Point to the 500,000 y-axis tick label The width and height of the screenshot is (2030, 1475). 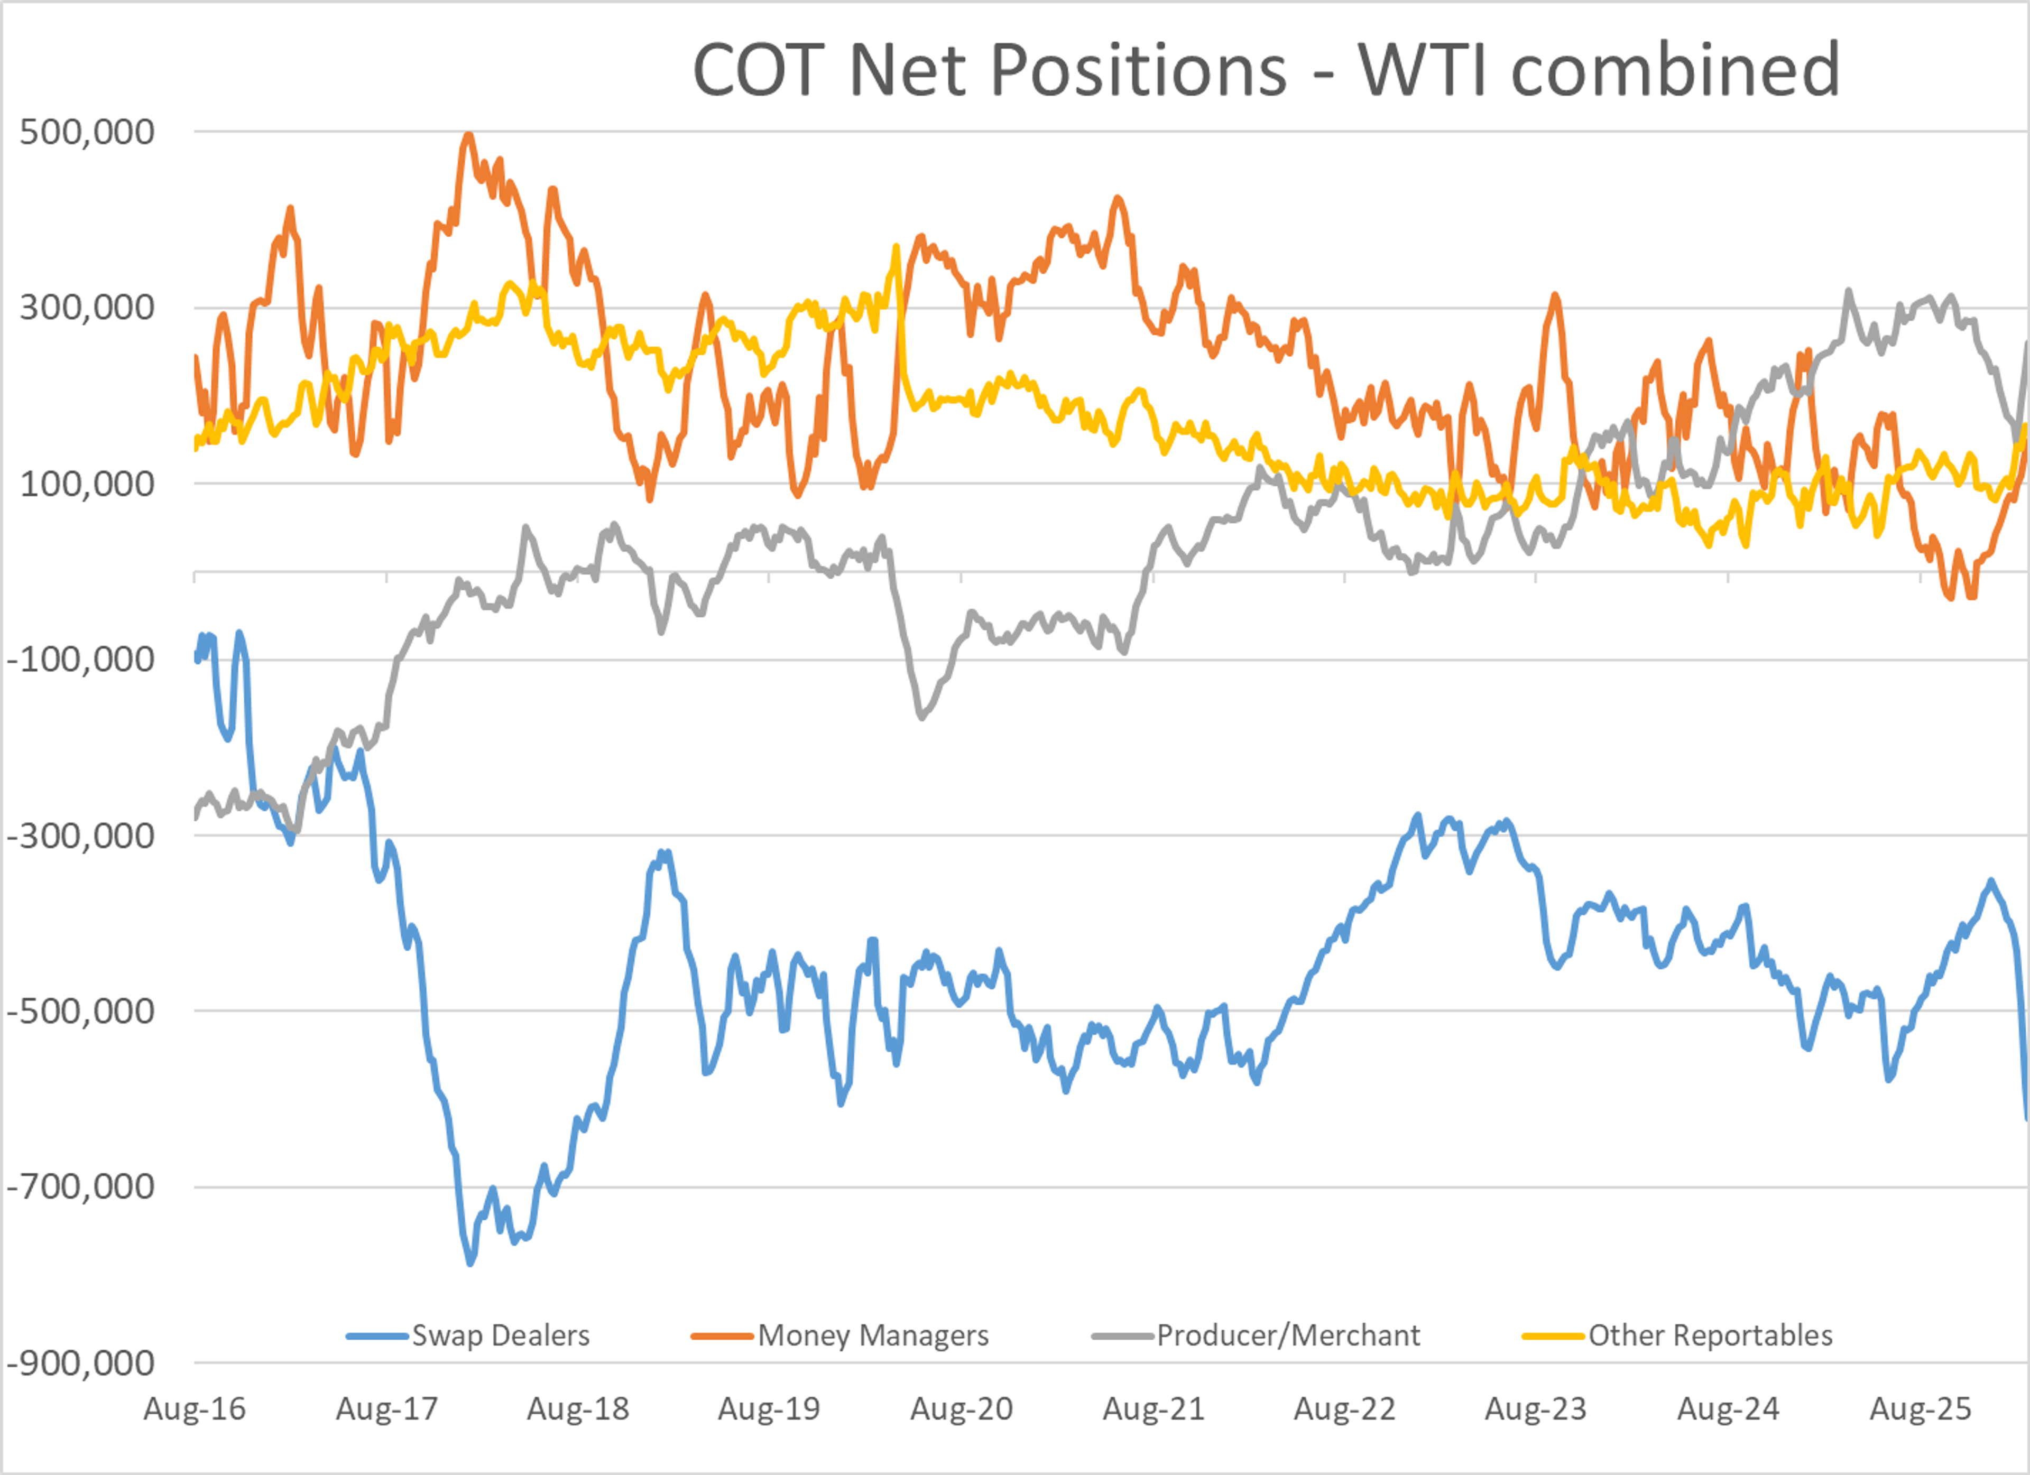[x=87, y=132]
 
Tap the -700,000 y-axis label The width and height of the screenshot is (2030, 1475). [x=80, y=1187]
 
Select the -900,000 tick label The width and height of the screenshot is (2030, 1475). [x=80, y=1363]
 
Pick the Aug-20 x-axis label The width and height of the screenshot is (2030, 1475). [x=961, y=1409]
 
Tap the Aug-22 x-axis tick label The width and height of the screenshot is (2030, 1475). [x=1344, y=1409]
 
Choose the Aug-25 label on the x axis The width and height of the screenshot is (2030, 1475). [x=1920, y=1409]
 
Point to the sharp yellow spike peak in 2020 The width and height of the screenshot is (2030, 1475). [x=896, y=246]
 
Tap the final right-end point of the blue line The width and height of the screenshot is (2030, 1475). [x=2026, y=1118]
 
